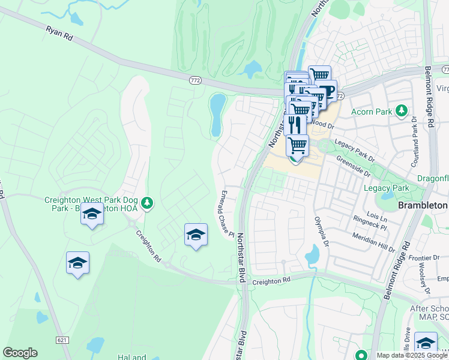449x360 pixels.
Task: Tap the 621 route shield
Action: coord(62,340)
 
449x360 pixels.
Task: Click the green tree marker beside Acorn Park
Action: coord(402,111)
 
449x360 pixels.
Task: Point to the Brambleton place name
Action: coord(423,205)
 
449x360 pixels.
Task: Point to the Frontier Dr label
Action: coord(423,257)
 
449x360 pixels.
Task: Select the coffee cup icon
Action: coord(326,92)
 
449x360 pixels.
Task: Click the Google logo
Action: coord(20,353)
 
